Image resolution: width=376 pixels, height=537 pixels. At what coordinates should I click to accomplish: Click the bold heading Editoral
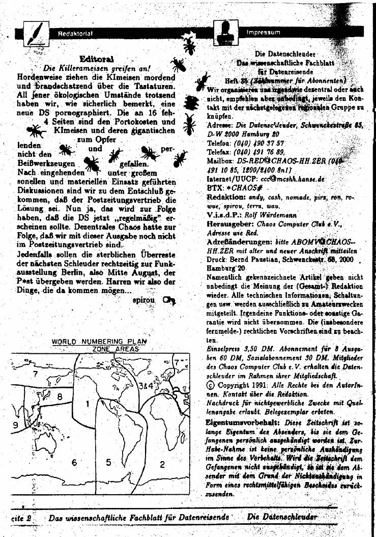[97, 59]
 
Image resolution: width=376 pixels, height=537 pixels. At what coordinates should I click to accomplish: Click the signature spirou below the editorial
[143, 300]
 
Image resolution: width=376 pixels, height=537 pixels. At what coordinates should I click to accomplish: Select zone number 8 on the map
[60, 396]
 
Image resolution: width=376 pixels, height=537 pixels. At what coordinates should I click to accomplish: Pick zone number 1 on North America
[87, 404]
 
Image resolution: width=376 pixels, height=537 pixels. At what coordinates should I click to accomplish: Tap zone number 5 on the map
[108, 462]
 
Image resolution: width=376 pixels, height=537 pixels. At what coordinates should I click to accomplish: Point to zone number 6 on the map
[74, 462]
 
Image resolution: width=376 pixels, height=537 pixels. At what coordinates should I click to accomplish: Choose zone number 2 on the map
[162, 464]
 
